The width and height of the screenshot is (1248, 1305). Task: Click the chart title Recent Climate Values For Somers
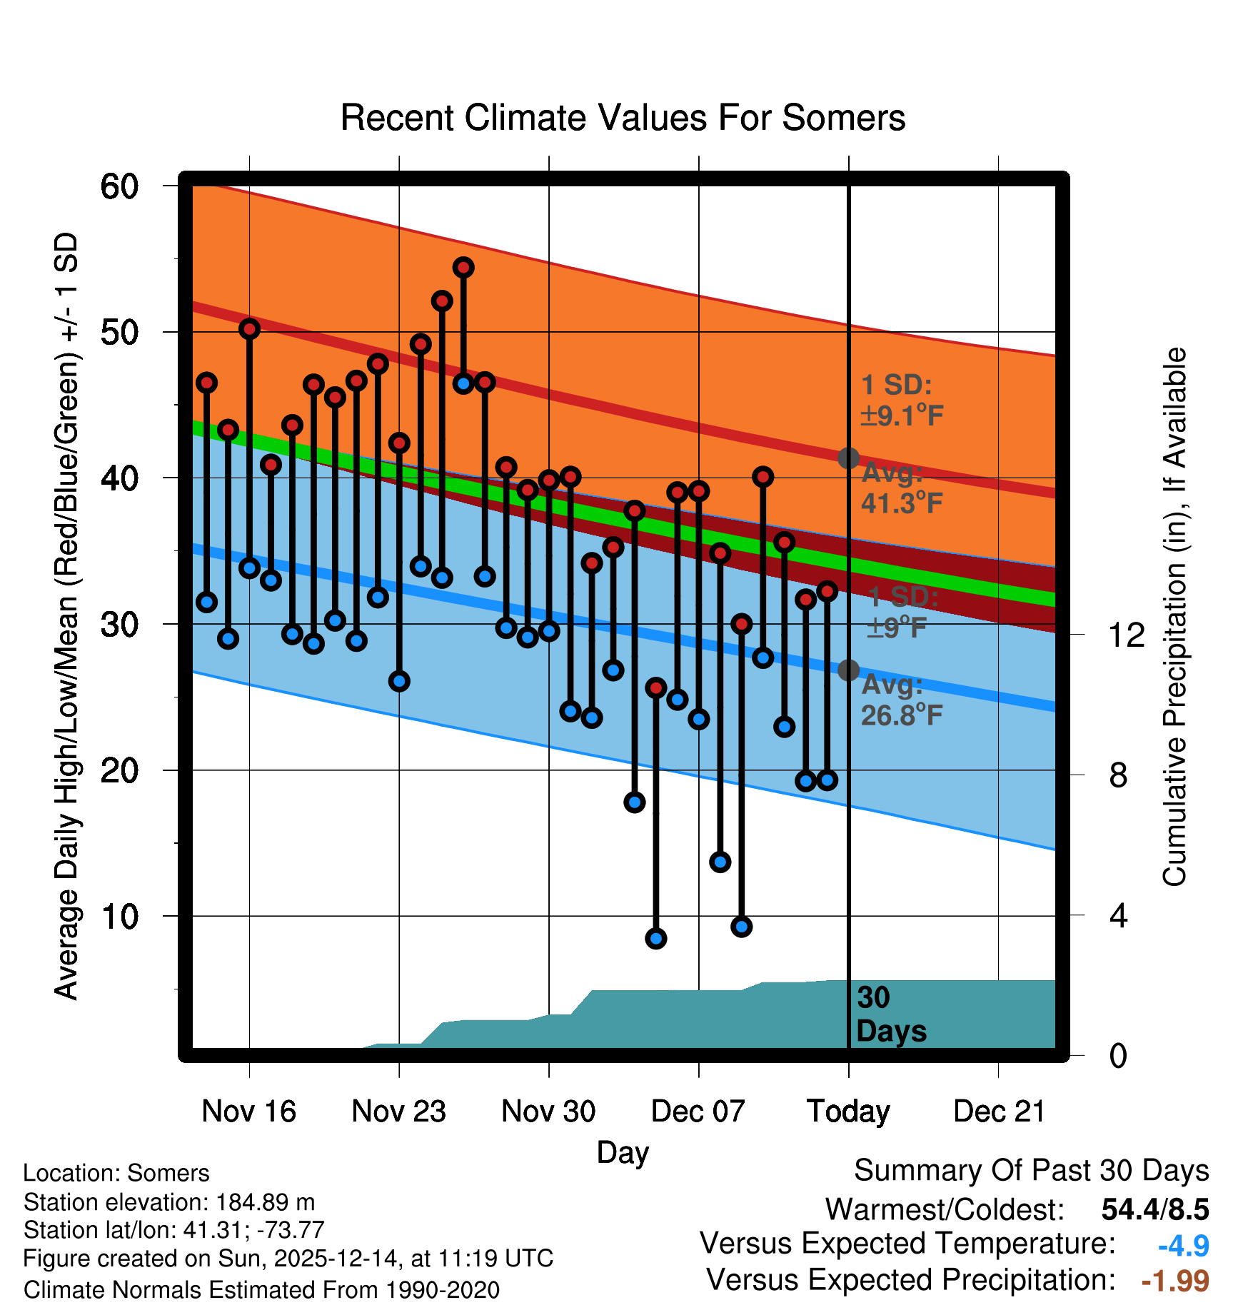coord(623,119)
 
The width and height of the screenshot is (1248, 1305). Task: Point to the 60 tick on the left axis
coord(120,187)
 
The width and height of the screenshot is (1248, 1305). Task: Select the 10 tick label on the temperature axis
coord(120,917)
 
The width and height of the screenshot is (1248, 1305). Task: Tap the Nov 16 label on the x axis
coord(248,1111)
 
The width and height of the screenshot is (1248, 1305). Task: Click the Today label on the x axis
coord(848,1111)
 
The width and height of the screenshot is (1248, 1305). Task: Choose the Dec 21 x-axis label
coord(999,1111)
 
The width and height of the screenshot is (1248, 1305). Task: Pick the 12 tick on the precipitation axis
coord(1127,635)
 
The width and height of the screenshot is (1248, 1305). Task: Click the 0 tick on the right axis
coord(1118,1055)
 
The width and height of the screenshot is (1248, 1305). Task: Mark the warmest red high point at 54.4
coord(463,268)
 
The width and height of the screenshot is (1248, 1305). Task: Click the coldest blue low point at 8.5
coord(656,938)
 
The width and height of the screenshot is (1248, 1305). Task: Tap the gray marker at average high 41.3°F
coord(848,458)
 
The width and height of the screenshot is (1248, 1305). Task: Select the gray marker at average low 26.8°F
coord(848,670)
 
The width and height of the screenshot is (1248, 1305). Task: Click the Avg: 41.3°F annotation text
coord(901,488)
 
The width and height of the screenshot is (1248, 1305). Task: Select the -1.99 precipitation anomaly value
coord(1175,1281)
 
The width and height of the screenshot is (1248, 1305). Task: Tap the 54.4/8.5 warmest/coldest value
coord(1155,1209)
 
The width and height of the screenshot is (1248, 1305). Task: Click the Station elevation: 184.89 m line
coord(169,1202)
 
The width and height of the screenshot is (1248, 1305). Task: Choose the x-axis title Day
coord(623,1152)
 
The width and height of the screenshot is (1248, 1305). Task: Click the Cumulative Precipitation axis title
coord(1174,617)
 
